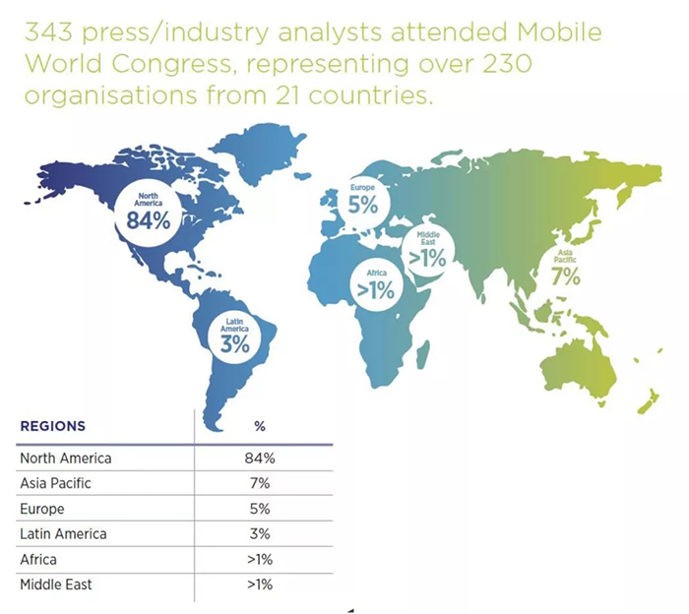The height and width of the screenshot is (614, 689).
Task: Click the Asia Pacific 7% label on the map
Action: (565, 268)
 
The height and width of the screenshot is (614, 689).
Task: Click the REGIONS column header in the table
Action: (52, 427)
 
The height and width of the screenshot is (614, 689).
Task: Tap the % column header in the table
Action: (260, 427)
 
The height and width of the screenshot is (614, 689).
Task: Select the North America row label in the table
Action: (66, 458)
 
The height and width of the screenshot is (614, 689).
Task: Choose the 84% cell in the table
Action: (261, 458)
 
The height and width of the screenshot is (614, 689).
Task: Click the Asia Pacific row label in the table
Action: (56, 483)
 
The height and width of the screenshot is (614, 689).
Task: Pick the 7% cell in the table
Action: (261, 483)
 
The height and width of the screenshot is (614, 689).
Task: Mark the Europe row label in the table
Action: (41, 509)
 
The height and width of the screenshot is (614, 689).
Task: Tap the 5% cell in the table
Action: (261, 509)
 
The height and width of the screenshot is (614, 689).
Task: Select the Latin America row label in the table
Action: (63, 534)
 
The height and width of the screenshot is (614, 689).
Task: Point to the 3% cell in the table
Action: (261, 534)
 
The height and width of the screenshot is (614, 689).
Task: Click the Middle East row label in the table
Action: (54, 585)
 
